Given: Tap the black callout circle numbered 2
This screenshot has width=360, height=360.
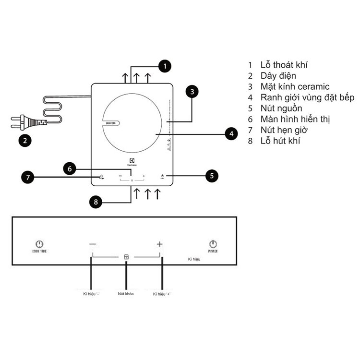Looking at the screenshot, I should click(25, 141).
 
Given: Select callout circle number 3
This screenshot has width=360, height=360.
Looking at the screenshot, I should click(192, 91).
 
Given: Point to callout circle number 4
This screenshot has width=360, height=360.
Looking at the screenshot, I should click(231, 134).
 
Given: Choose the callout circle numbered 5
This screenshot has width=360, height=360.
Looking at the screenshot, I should click(212, 176).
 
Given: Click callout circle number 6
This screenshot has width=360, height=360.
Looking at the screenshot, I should click(70, 168).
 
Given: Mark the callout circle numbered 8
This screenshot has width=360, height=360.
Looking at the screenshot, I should click(96, 202).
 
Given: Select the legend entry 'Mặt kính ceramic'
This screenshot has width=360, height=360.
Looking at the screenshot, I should click(295, 87).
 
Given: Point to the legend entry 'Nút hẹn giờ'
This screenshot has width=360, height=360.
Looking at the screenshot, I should click(285, 130).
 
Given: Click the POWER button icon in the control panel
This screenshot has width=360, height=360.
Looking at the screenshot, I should click(213, 244).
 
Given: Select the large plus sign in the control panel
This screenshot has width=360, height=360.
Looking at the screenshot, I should click(160, 244).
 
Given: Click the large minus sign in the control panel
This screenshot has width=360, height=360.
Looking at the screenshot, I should click(93, 244).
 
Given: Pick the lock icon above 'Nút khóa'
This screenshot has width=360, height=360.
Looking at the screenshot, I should click(126, 257).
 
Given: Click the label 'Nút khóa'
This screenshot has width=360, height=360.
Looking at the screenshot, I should click(126, 293).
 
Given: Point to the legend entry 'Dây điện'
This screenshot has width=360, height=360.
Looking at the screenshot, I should click(278, 76).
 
